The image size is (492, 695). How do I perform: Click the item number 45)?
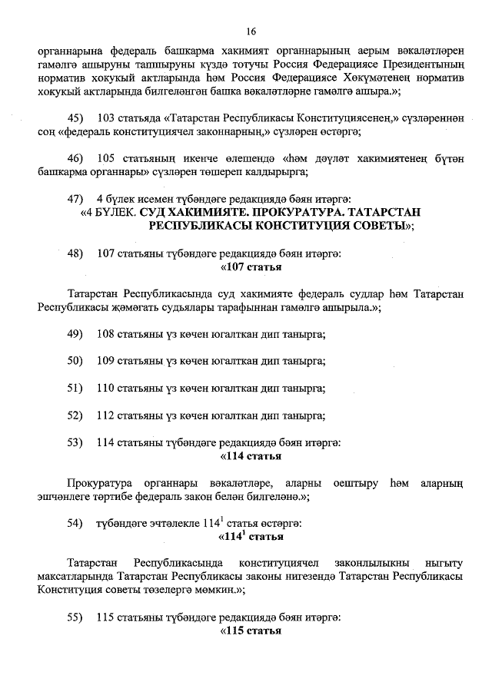coord(75,118)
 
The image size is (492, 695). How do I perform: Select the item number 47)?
coord(75,199)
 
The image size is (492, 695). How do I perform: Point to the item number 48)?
coord(75,253)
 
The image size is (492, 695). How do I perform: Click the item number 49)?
coord(75,333)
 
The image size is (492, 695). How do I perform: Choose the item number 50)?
coord(75,360)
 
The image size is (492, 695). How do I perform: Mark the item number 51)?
coord(75,388)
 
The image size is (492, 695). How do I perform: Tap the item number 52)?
coord(75,415)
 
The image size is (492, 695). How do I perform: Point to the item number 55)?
coord(75,617)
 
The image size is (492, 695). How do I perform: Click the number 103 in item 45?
coord(107,118)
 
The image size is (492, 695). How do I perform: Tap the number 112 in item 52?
coord(107,415)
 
